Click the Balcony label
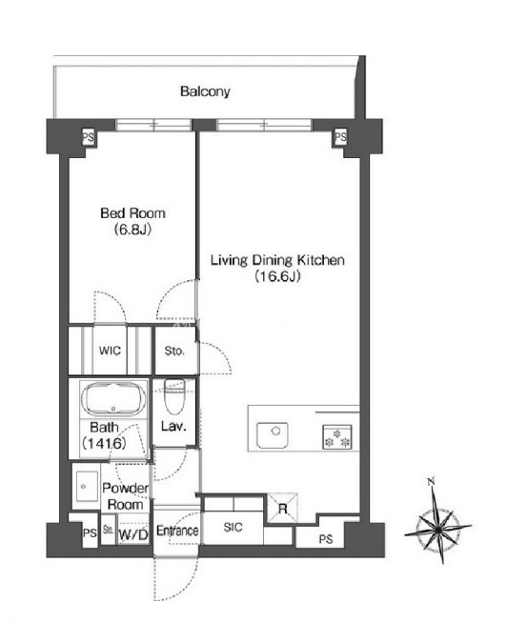pyautogui.click(x=205, y=91)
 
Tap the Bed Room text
pyautogui.click(x=132, y=212)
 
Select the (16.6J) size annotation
pyautogui.click(x=277, y=276)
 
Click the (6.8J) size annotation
pyautogui.click(x=132, y=230)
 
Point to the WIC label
pyautogui.click(x=110, y=351)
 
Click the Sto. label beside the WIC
pyautogui.click(x=174, y=351)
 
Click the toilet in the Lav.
pyautogui.click(x=174, y=396)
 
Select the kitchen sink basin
pyautogui.click(x=272, y=434)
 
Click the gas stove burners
pyautogui.click(x=337, y=436)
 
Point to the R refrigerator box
pyautogui.click(x=282, y=508)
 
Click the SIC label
pyautogui.click(x=233, y=527)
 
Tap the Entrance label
pyautogui.click(x=177, y=531)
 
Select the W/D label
pyautogui.click(x=132, y=534)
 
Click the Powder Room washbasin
pyautogui.click(x=86, y=487)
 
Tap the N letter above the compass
pyautogui.click(x=431, y=481)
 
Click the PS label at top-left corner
pyautogui.click(x=88, y=137)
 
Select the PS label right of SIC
pyautogui.click(x=326, y=539)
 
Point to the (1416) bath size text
pyautogui.click(x=104, y=443)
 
